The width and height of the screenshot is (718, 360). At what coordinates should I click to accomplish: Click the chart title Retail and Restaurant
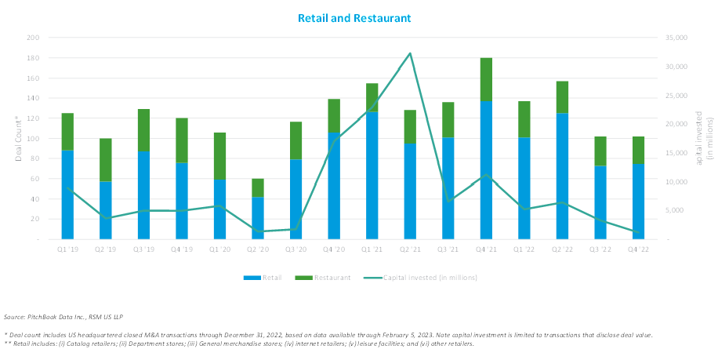[x=354, y=17]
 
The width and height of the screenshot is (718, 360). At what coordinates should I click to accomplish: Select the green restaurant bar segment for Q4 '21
[x=486, y=80]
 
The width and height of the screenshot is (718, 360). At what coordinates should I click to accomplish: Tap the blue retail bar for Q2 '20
[x=258, y=218]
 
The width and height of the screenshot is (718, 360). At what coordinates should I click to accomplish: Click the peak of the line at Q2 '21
[x=410, y=53]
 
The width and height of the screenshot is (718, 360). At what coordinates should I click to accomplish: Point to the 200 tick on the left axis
[x=32, y=38]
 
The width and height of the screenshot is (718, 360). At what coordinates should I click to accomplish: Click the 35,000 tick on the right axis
[x=676, y=38]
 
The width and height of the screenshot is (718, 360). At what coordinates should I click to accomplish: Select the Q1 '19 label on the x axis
[x=67, y=249]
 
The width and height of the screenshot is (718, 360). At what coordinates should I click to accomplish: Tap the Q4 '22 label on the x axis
[x=640, y=249]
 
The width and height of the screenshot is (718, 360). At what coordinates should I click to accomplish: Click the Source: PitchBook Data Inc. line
[x=60, y=317]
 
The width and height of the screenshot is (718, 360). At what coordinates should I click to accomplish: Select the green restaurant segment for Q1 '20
[x=219, y=156]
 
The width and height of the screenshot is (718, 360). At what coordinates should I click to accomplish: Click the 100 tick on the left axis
[x=32, y=138]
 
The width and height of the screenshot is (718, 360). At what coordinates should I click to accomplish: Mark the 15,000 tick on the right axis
[x=676, y=153]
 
